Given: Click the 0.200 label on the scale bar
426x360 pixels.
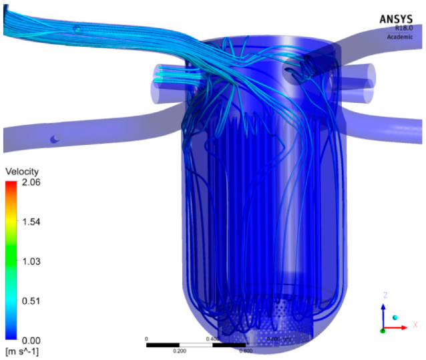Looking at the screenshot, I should [179, 351].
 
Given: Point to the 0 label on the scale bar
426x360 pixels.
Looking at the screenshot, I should [146, 339].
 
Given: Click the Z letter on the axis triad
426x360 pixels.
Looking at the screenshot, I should [385, 295].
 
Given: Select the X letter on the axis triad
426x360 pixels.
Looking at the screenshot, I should [415, 325].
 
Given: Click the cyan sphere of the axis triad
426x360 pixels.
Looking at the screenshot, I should [395, 317].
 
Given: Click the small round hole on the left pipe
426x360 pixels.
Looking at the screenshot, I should [57, 138].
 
